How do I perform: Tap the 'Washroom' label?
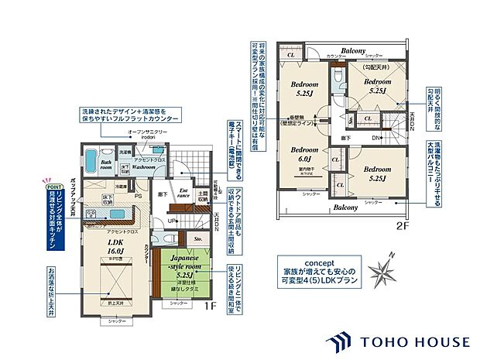(145, 165)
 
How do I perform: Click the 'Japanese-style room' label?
(183, 267)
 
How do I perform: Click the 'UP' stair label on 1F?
(171, 221)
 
